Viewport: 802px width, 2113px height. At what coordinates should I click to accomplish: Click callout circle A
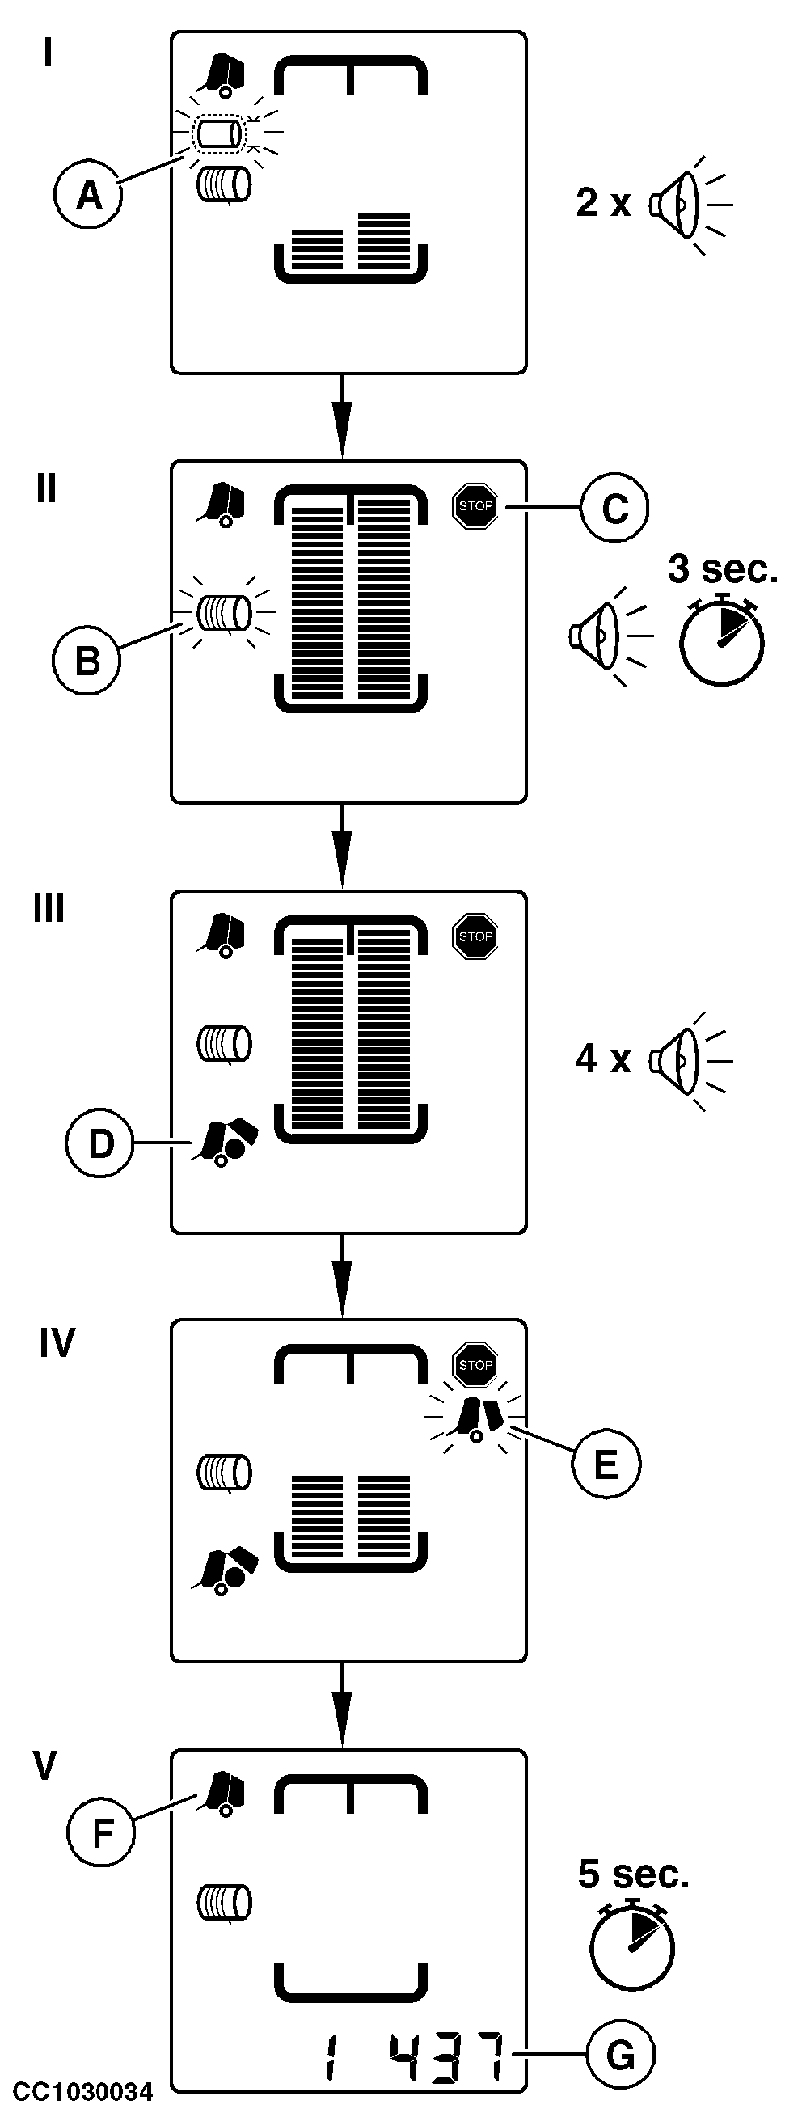[89, 195]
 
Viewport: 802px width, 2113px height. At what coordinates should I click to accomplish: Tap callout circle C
[614, 509]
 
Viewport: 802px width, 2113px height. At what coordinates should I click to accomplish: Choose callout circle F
[102, 1832]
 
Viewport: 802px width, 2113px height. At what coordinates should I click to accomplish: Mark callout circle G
[620, 2055]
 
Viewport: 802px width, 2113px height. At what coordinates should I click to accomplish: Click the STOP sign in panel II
[475, 506]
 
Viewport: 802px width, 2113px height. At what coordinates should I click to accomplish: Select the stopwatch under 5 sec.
[632, 1945]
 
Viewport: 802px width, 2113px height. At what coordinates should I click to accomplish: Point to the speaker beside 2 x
[679, 203]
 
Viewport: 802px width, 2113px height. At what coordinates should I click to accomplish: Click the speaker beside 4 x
[679, 1059]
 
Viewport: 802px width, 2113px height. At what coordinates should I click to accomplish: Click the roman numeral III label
[49, 909]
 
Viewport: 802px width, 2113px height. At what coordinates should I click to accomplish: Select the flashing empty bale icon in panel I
[220, 133]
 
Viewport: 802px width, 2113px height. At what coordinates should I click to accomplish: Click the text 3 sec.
[722, 569]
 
